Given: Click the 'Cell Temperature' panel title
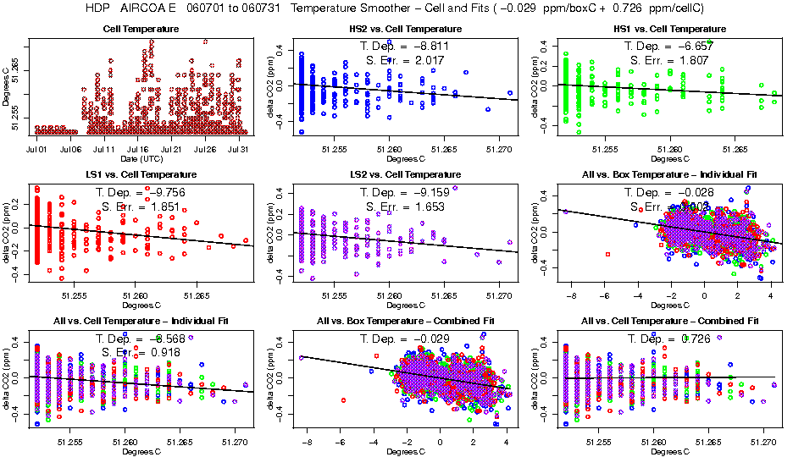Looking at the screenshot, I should (x=141, y=29).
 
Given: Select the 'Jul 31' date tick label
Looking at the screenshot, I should (x=239, y=149).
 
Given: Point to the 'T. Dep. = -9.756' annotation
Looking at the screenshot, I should (x=140, y=192).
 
